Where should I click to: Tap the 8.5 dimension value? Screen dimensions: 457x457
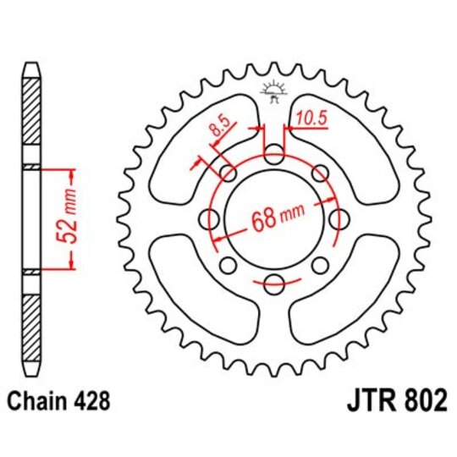click(217, 132)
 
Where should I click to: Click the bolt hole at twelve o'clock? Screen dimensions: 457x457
click(274, 155)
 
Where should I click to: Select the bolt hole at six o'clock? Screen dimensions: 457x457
click(274, 284)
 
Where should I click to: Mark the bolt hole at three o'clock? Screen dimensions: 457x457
click(339, 220)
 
